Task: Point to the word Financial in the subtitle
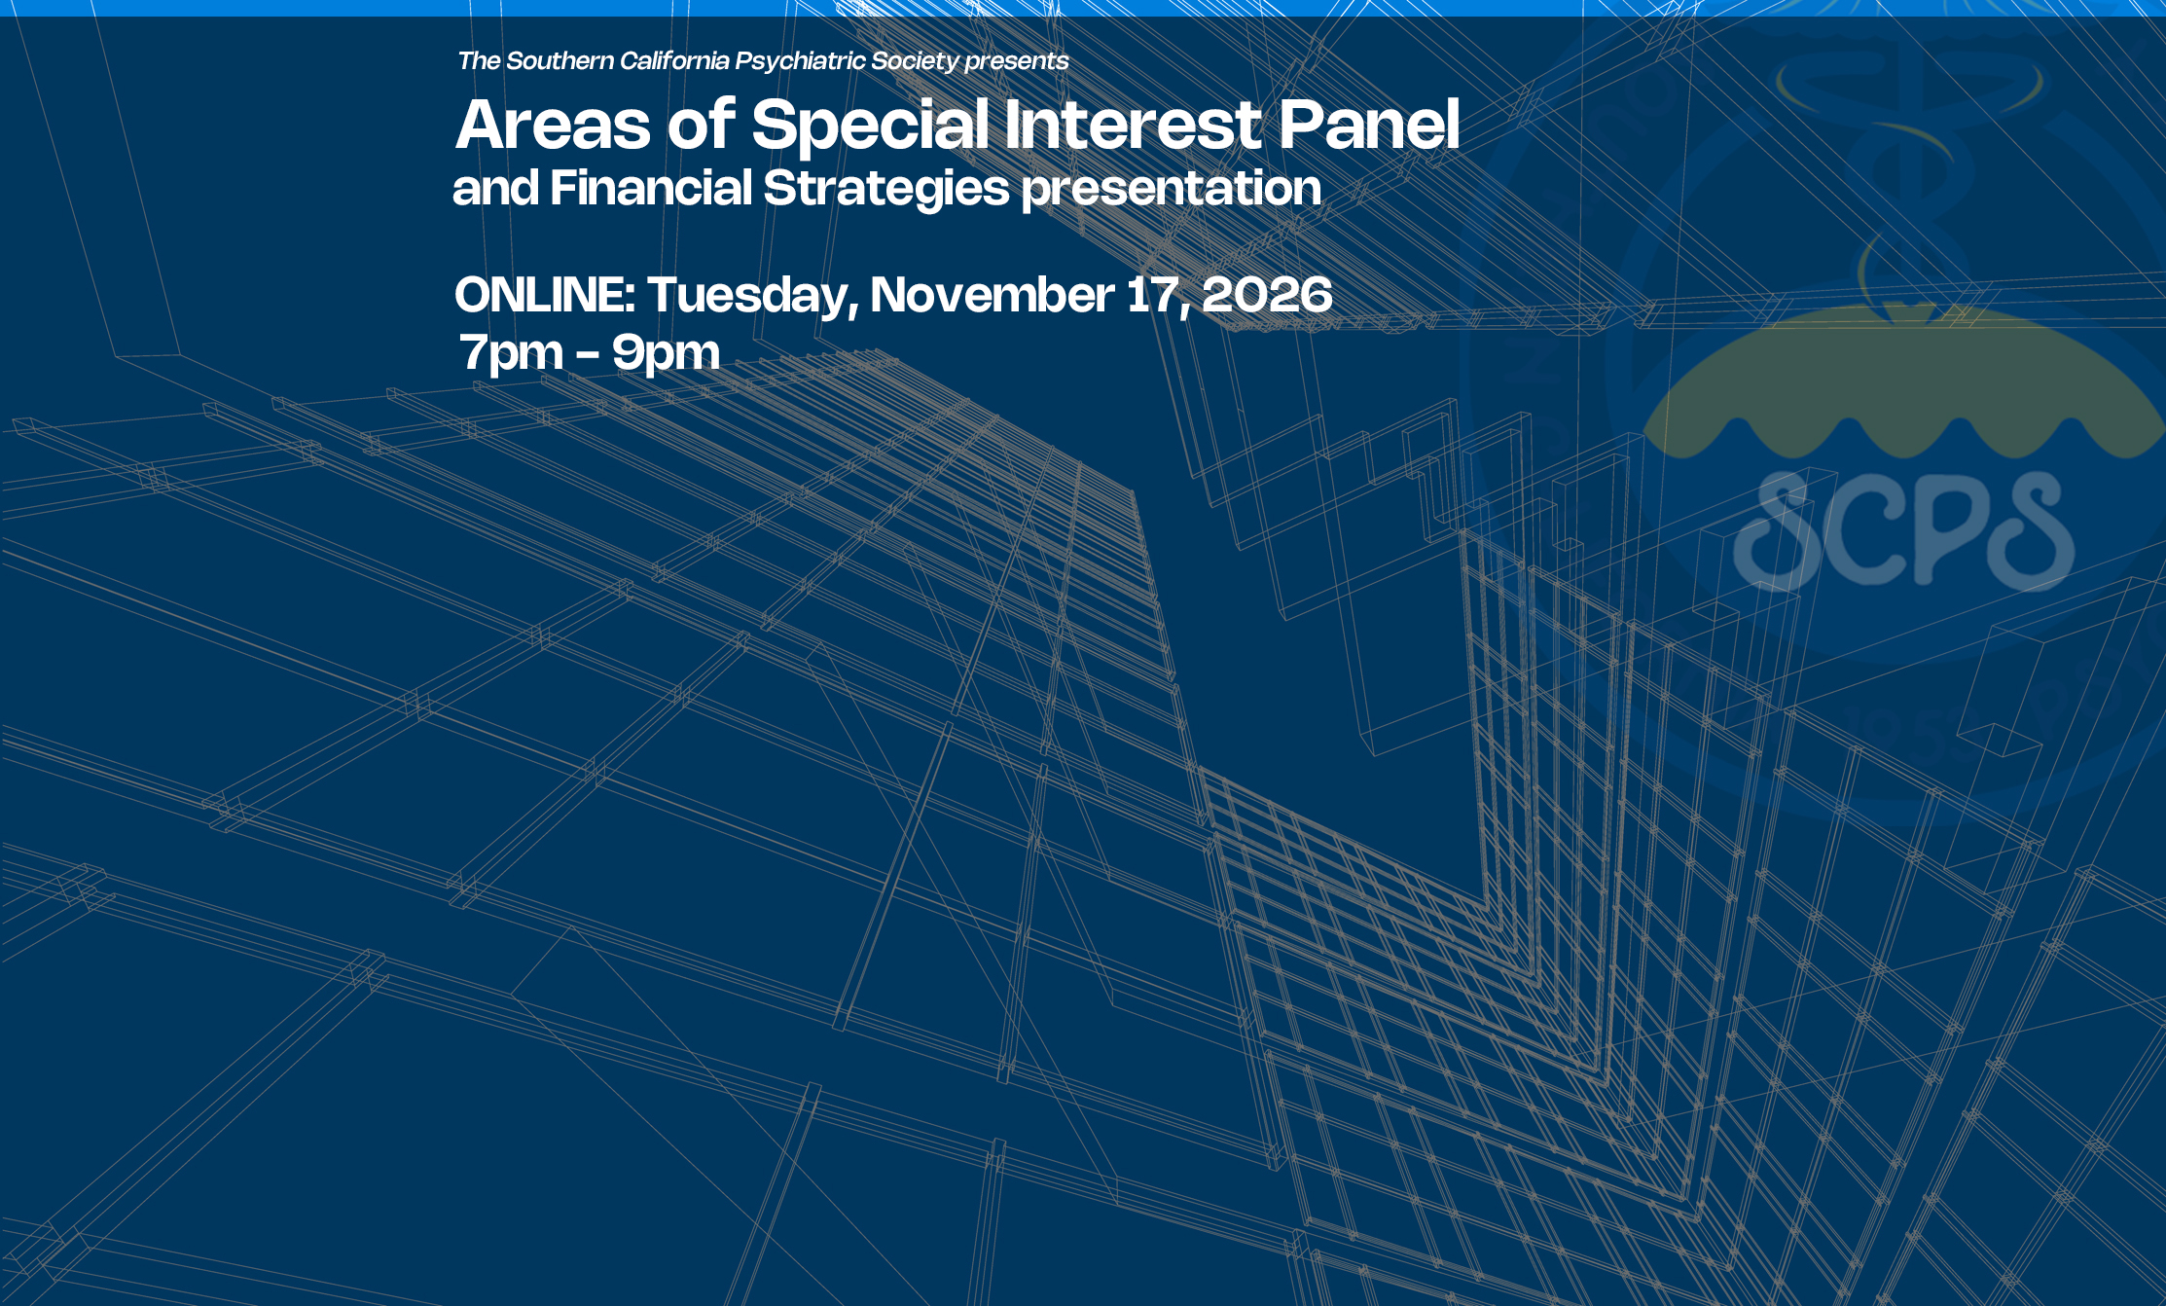coord(651,188)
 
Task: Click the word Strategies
coord(886,190)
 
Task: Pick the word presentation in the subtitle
coord(1172,190)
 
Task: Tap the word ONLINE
coord(545,295)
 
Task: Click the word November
coord(993,295)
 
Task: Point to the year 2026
coord(1267,295)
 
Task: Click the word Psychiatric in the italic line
coord(799,61)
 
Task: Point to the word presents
coord(1017,62)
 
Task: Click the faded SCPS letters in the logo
coord(1903,530)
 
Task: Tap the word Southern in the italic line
coord(560,60)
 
